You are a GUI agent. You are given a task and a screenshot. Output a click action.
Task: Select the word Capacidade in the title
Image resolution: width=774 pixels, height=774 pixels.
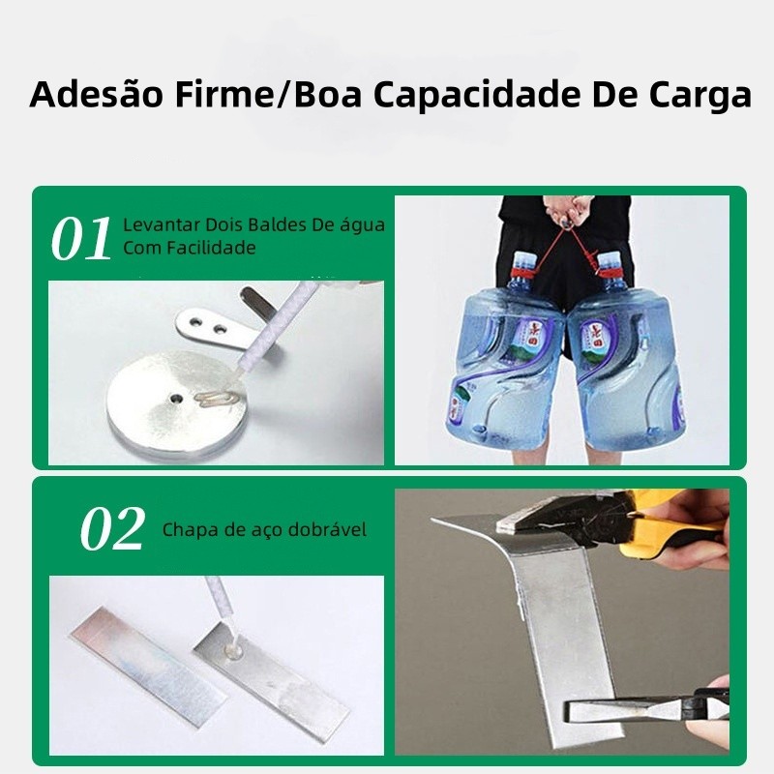[x=476, y=96]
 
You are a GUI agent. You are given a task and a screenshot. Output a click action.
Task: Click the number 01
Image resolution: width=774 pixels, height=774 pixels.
[x=81, y=239]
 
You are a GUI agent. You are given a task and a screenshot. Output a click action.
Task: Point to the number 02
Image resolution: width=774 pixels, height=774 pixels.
[x=112, y=528]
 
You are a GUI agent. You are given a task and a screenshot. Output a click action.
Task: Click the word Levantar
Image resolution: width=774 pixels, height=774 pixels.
[x=162, y=224]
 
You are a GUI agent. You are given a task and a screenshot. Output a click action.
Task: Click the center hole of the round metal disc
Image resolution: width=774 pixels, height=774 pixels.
[x=176, y=398]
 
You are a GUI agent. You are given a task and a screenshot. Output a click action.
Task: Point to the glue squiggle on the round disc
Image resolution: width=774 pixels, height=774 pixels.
[x=217, y=398]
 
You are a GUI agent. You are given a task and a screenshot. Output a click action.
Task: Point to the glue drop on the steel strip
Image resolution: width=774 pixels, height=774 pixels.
[x=231, y=650]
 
